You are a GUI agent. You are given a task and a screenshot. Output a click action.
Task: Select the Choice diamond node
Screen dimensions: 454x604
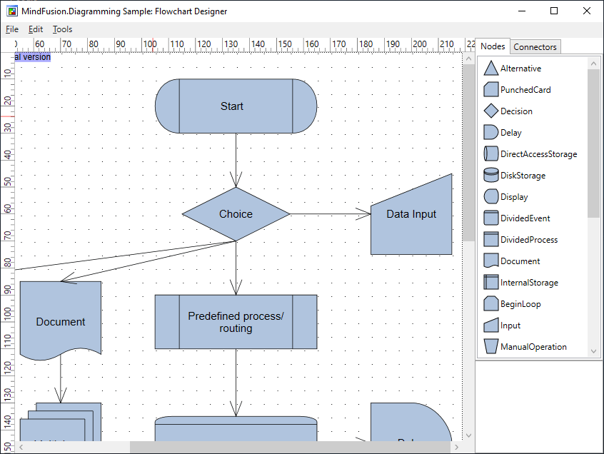pyautogui.click(x=236, y=214)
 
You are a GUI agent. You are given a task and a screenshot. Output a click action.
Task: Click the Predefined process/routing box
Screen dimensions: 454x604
pyautogui.click(x=236, y=322)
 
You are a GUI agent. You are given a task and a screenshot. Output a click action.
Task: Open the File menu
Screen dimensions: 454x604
pyautogui.click(x=12, y=29)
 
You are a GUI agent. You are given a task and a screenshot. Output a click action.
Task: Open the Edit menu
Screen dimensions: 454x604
pyautogui.click(x=36, y=29)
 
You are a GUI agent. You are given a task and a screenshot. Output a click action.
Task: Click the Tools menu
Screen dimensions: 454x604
pyautogui.click(x=62, y=29)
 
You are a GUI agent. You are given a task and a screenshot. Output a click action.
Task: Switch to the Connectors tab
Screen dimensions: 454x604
pyautogui.click(x=535, y=47)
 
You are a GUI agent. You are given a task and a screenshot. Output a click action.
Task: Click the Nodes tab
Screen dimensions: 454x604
pyautogui.click(x=493, y=46)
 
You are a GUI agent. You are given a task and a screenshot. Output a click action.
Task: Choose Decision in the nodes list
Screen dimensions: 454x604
pyautogui.click(x=515, y=111)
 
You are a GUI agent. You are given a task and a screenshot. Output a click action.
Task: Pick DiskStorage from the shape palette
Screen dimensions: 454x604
pyautogui.click(x=522, y=176)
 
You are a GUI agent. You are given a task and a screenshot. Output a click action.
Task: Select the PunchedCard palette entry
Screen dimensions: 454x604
pyautogui.click(x=525, y=90)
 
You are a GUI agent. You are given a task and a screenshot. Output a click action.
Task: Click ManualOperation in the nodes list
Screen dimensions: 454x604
pyautogui.click(x=533, y=347)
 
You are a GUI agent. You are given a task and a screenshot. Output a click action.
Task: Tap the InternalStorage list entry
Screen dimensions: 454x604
pyautogui.click(x=528, y=283)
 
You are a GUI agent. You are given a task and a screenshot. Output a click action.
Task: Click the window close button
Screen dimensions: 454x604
pyautogui.click(x=587, y=11)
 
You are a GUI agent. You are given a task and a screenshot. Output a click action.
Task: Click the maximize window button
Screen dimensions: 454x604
pyautogui.click(x=554, y=11)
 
